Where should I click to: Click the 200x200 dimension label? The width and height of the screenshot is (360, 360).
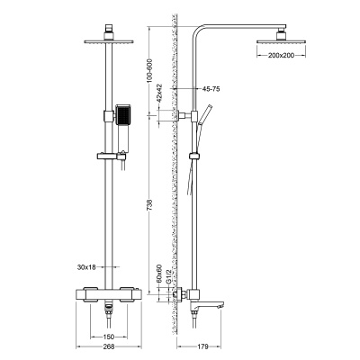click(281, 55)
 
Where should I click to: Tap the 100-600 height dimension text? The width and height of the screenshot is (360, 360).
click(150, 71)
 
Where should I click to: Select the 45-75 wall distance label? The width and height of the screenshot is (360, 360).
click(211, 89)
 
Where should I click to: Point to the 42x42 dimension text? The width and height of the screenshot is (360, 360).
click(159, 94)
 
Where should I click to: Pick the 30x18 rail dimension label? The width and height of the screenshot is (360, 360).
click(86, 266)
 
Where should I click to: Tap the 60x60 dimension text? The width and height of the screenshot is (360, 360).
click(159, 274)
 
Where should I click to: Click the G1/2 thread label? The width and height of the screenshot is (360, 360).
click(168, 275)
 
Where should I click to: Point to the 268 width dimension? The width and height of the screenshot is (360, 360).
click(109, 346)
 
